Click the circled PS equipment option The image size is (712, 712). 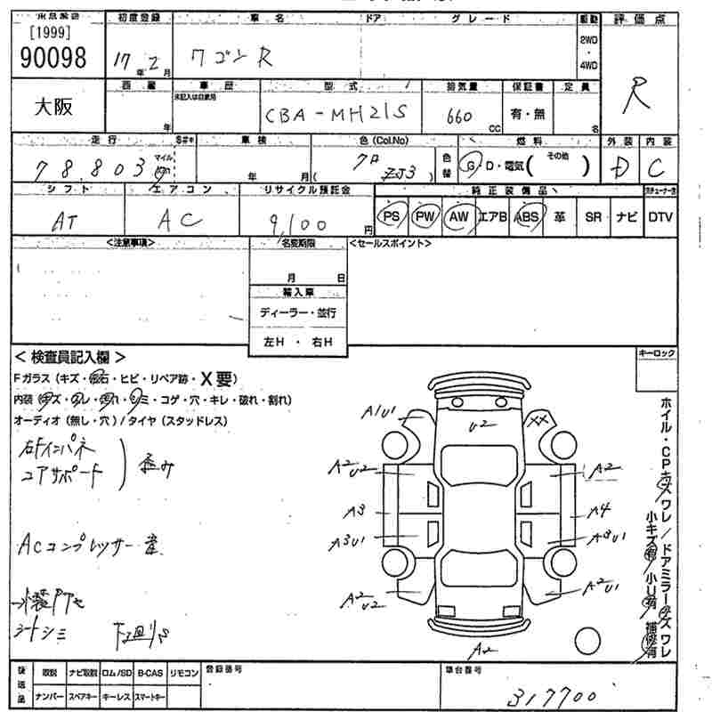pyautogui.click(x=391, y=216)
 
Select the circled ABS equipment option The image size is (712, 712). pyautogui.click(x=527, y=216)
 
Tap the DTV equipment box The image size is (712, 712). pyautogui.click(x=659, y=216)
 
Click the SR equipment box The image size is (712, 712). pyautogui.click(x=593, y=216)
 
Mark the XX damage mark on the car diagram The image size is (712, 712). pyautogui.click(x=538, y=419)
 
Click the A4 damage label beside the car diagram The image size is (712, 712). pyautogui.click(x=603, y=510)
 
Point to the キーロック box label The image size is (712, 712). pyautogui.click(x=656, y=354)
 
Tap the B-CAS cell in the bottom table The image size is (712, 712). pyautogui.click(x=150, y=674)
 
